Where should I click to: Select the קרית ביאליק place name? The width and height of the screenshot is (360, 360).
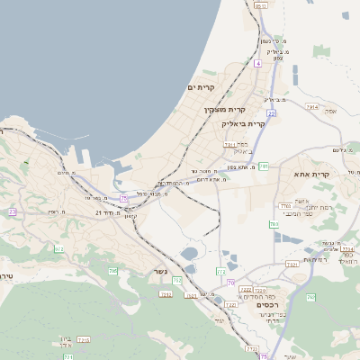pos(243,123)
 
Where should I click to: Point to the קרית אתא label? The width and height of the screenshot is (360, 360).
pos(313,175)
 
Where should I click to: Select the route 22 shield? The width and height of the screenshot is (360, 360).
pos(271,113)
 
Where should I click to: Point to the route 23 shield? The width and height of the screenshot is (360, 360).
pos(13,211)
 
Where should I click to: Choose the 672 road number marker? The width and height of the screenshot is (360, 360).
pos(58,248)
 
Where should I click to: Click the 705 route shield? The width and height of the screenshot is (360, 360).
pos(112,271)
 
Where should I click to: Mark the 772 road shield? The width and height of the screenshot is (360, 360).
pos(220,271)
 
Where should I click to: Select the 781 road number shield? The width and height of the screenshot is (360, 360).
pos(264,166)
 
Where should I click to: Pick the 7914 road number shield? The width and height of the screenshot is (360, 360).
pos(311,107)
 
